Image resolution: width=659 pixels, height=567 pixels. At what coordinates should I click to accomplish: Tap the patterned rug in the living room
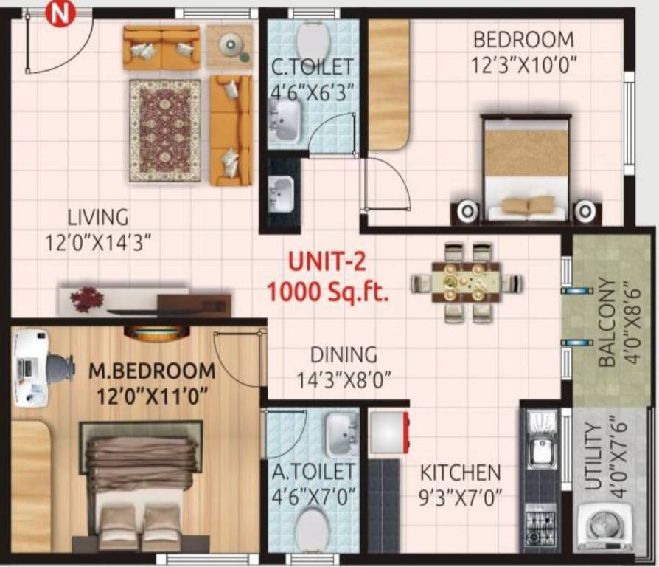point(165,130)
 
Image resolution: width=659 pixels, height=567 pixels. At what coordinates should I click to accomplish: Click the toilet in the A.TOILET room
point(313,529)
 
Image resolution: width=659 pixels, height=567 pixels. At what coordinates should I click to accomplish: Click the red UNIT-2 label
point(326,264)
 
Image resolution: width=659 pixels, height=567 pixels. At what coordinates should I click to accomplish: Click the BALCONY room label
point(607,323)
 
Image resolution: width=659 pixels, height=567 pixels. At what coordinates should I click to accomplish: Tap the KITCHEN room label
point(461,472)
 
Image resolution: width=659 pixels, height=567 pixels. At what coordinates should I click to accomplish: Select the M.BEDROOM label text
point(152,371)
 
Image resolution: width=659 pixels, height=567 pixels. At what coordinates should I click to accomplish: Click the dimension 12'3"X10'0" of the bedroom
point(523,65)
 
